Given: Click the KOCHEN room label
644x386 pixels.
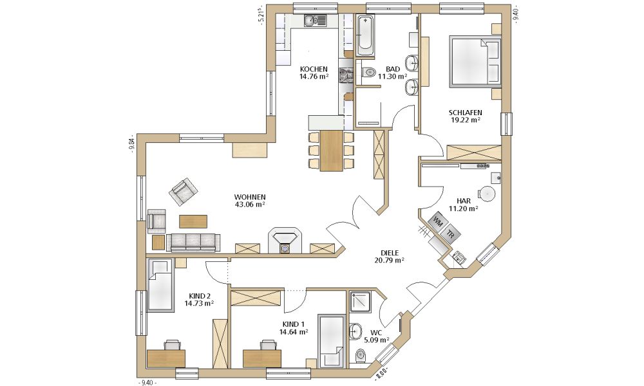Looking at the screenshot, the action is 314,69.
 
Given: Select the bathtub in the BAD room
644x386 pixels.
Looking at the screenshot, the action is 365,35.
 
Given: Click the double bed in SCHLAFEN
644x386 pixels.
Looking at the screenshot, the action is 475,62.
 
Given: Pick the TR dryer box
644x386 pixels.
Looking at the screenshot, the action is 451,234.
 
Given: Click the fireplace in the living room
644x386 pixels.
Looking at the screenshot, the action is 285,241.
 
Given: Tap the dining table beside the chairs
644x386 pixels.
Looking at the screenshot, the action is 332,151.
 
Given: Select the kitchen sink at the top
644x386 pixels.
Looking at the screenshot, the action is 315,20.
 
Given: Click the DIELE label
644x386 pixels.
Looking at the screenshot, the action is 390,253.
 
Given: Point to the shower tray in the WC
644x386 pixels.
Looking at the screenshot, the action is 360,302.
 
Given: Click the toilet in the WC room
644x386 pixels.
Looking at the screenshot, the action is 360,355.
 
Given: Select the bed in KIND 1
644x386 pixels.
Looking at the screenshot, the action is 332,340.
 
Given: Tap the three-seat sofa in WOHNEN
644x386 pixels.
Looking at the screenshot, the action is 193,243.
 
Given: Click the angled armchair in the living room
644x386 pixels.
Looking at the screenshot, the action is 183,192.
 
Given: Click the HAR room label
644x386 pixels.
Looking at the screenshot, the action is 463,201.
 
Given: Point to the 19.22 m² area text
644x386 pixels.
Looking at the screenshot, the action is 466,120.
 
